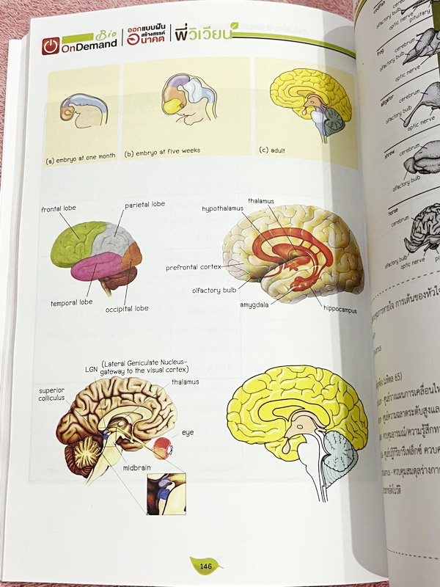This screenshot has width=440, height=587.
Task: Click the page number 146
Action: click(x=206, y=566)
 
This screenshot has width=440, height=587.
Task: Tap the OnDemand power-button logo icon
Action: click(x=50, y=45)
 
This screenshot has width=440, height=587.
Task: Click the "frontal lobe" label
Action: click(x=59, y=208)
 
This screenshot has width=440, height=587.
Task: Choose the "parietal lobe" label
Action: click(x=144, y=204)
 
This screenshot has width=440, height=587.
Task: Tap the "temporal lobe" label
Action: click(x=71, y=302)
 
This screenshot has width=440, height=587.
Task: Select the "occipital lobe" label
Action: click(x=125, y=308)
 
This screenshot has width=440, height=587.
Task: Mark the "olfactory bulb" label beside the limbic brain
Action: click(x=213, y=291)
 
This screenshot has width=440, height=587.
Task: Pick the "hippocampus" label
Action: click(x=340, y=310)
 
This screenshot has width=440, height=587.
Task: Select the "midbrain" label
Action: click(x=137, y=467)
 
